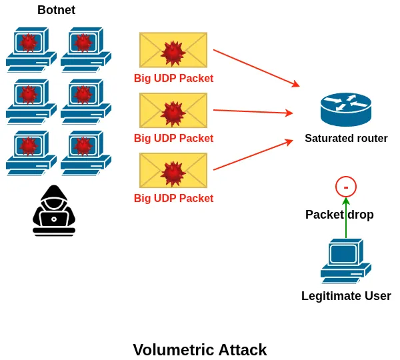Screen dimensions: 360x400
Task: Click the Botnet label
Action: tap(56, 10)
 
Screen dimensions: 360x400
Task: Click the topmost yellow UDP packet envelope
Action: tap(173, 50)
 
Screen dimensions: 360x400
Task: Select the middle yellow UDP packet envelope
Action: tap(173, 110)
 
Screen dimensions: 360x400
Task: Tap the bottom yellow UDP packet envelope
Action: tap(173, 170)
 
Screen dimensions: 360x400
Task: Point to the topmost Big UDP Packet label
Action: tap(173, 79)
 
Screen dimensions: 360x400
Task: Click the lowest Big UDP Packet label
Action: tap(173, 199)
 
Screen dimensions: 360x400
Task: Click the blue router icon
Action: tap(345, 109)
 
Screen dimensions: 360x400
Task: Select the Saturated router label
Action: tap(346, 139)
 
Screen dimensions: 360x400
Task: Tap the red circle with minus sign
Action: tap(346, 187)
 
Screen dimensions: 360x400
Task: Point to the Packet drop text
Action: tap(339, 215)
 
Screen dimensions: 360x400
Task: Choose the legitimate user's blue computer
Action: tap(345, 261)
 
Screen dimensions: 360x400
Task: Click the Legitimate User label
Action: tap(346, 296)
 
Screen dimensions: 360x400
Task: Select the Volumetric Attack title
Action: tap(200, 350)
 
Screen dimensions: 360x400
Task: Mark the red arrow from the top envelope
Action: tap(256, 67)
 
